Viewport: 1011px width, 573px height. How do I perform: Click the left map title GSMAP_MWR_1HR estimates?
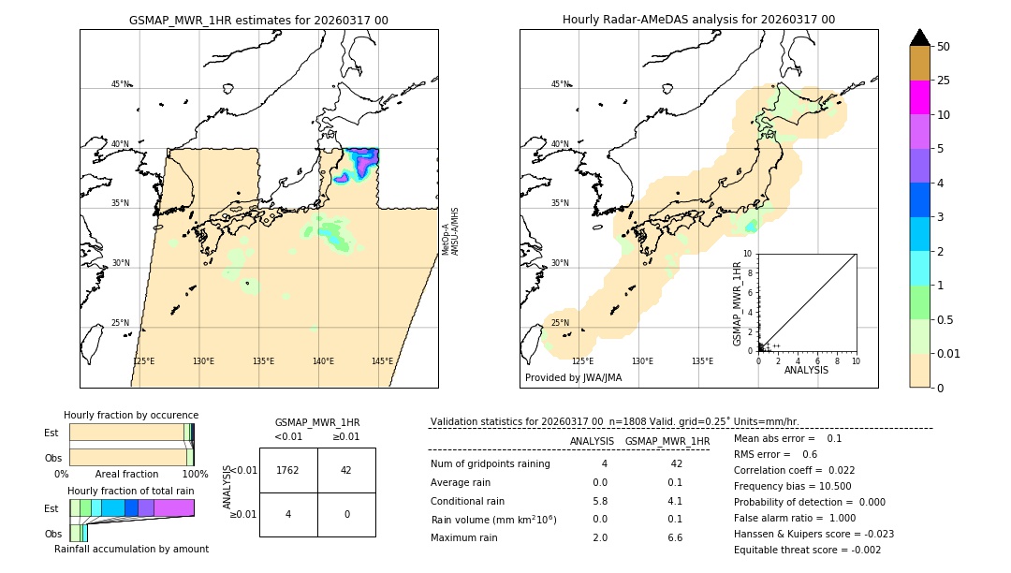click(258, 20)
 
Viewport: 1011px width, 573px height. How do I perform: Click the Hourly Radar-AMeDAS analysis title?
click(698, 20)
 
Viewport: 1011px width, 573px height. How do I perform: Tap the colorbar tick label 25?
click(944, 81)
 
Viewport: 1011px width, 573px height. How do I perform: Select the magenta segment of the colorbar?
click(919, 97)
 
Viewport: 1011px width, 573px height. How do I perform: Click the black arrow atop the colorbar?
click(919, 37)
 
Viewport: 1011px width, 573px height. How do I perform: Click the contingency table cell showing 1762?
click(288, 470)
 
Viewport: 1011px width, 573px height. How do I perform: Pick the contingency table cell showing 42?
click(346, 470)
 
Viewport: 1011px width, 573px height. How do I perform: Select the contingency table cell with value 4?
click(288, 514)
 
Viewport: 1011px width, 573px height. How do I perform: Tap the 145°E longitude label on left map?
click(382, 361)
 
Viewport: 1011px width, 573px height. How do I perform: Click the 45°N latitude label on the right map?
click(560, 84)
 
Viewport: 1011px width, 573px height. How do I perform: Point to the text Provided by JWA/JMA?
click(573, 378)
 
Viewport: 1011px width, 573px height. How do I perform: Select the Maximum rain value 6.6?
click(674, 537)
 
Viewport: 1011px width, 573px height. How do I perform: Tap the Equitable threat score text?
click(807, 550)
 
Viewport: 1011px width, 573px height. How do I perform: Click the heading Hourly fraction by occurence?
click(131, 415)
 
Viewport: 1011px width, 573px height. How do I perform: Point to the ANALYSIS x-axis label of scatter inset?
click(806, 370)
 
